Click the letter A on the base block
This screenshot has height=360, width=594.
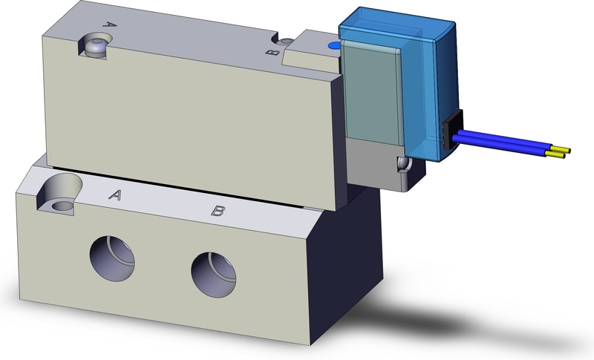point(115,195)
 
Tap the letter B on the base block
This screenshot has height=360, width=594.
point(218,211)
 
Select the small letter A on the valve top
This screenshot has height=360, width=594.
point(109,24)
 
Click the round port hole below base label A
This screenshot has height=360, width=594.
point(114,257)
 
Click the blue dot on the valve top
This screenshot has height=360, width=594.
point(333,46)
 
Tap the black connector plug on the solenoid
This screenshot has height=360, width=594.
point(451,130)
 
